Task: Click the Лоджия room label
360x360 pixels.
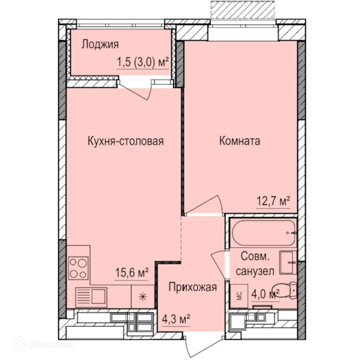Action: click(100, 45)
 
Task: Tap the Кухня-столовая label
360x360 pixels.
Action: click(126, 141)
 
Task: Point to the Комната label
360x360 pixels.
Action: click(240, 141)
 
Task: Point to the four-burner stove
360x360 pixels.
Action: click(78, 268)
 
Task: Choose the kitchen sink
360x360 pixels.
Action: click(92, 297)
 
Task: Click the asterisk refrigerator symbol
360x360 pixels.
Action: click(143, 297)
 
